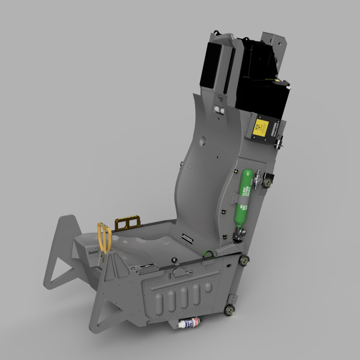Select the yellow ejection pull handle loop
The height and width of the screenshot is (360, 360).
(x=104, y=237)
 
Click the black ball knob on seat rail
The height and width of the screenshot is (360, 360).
(x=174, y=260)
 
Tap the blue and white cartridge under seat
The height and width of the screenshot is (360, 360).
(x=188, y=323)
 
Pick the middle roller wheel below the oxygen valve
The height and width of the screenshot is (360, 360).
(x=244, y=260)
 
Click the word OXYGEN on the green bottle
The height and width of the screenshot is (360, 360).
(x=247, y=191)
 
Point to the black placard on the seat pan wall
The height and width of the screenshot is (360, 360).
(x=188, y=238)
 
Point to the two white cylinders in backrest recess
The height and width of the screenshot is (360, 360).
(x=220, y=110)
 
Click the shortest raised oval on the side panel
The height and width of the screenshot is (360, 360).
(x=208, y=287)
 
